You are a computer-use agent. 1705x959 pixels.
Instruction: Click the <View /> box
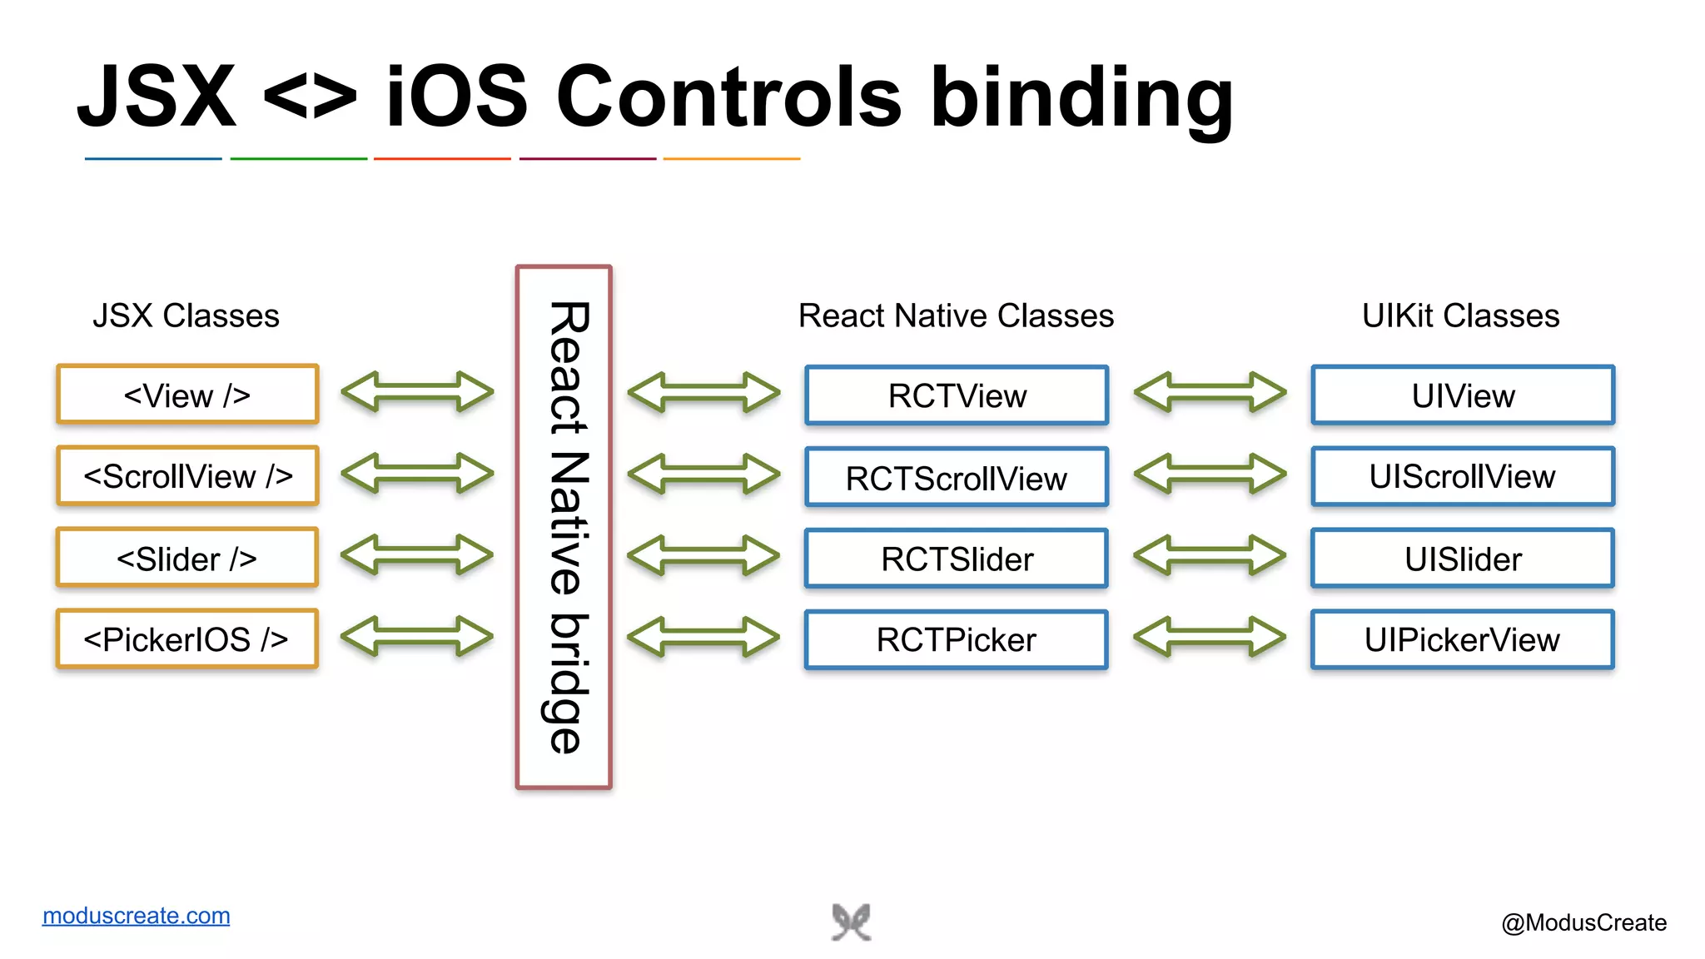click(x=187, y=395)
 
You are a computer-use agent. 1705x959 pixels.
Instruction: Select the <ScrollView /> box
click(x=187, y=476)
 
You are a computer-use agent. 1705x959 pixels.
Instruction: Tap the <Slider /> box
click(x=187, y=558)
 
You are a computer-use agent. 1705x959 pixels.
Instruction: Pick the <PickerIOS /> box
click(x=187, y=639)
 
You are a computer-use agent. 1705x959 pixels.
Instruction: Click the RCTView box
click(x=957, y=395)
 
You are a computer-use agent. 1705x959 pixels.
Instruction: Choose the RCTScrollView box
click(x=957, y=477)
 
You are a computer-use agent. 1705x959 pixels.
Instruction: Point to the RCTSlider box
click(x=957, y=559)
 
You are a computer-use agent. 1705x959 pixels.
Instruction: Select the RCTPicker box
click(x=957, y=639)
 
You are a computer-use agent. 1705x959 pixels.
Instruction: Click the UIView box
click(x=1463, y=395)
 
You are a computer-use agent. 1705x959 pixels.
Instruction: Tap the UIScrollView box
click(x=1463, y=476)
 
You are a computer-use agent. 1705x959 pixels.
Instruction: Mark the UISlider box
click(x=1463, y=559)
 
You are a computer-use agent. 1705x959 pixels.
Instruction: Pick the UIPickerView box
click(x=1463, y=639)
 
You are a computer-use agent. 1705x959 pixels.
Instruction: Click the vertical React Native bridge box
click(x=564, y=527)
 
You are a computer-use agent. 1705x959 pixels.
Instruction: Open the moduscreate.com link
click(x=137, y=916)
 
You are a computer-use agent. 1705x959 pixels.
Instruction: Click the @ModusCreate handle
click(x=1583, y=922)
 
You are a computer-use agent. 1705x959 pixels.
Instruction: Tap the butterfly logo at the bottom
click(x=851, y=922)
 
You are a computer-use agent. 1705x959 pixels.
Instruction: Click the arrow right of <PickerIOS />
click(x=417, y=637)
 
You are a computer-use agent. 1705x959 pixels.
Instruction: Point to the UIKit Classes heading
click(x=1460, y=316)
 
